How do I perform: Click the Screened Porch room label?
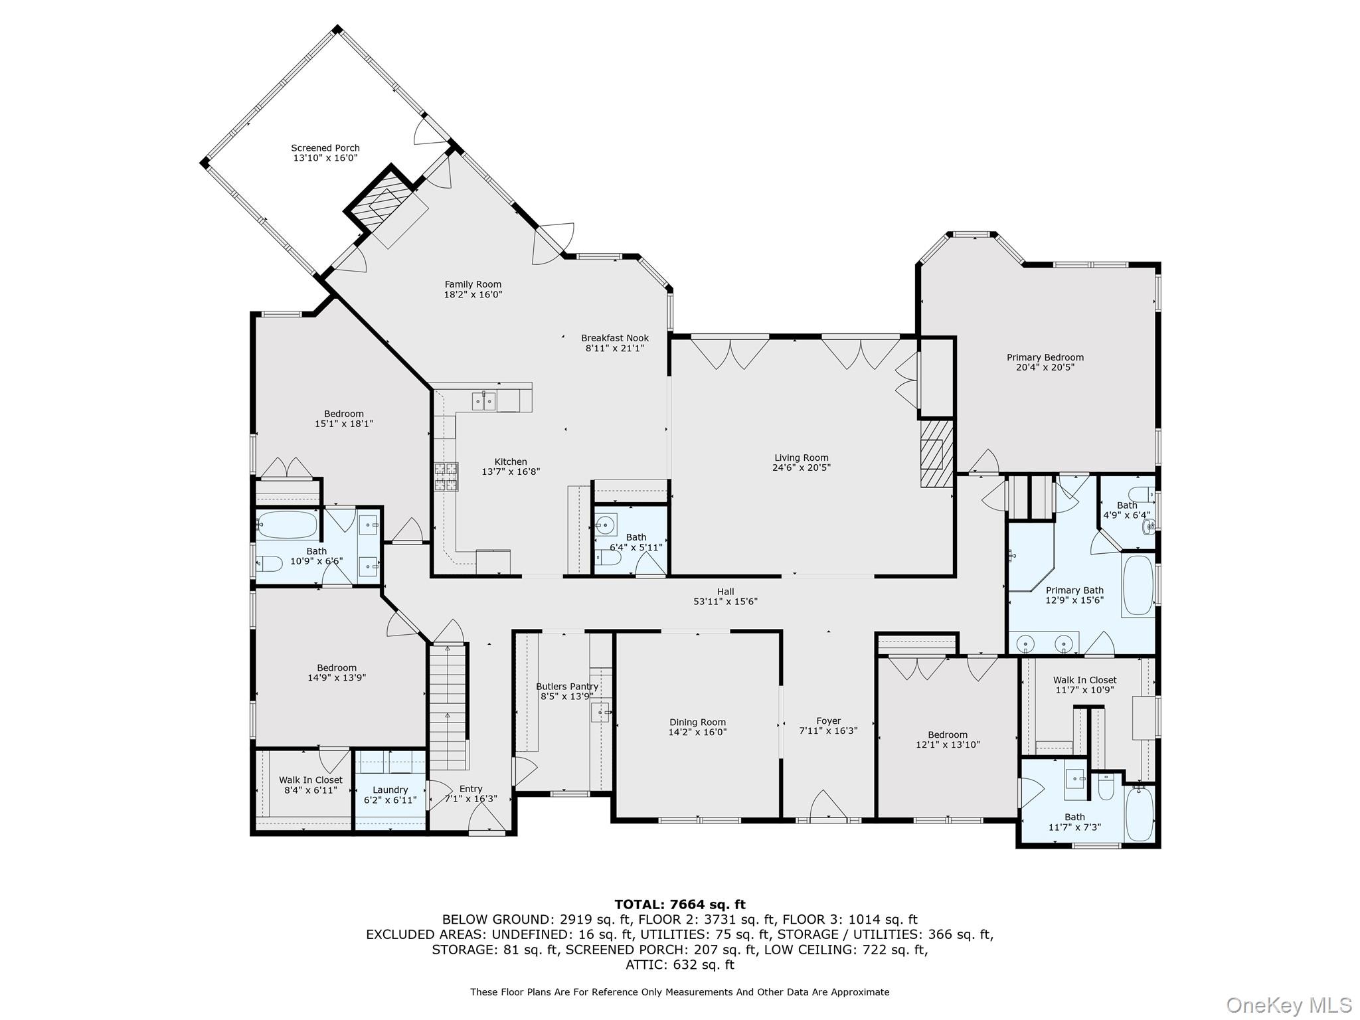[x=325, y=148]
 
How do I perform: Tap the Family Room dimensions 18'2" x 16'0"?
[x=473, y=294]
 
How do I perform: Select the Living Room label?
[x=801, y=458]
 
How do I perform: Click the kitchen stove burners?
[x=446, y=477]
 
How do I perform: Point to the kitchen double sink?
[x=483, y=401]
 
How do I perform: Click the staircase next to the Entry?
[x=448, y=704]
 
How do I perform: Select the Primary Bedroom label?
[x=1045, y=357]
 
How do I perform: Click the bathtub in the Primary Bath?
[x=1138, y=585]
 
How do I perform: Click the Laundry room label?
[x=390, y=790]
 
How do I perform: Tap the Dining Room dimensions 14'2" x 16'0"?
[x=697, y=732]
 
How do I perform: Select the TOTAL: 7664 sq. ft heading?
[x=679, y=904]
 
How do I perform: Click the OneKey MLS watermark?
[x=1288, y=1005]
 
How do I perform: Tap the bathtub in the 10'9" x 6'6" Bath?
[x=287, y=525]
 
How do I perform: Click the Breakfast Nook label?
[x=615, y=338]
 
